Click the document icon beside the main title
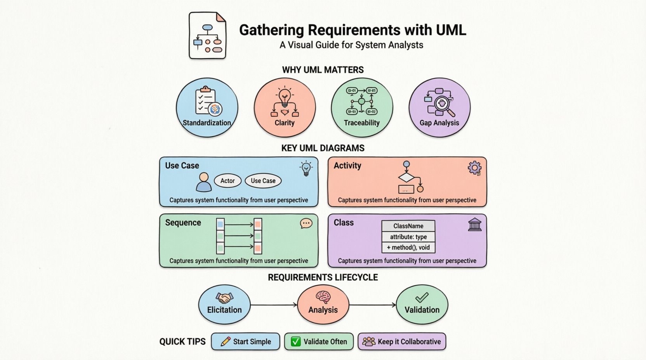207,36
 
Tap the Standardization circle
207,107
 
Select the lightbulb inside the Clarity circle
285,97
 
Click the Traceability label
361,123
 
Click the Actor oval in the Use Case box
227,181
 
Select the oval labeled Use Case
263,181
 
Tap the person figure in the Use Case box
203,182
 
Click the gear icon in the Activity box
474,168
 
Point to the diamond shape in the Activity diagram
406,178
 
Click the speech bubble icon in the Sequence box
306,223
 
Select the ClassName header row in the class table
408,226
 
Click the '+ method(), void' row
408,247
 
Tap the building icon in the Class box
474,225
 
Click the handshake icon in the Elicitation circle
224,298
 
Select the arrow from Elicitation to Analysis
274,305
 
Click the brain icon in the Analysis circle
323,298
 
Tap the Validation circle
422,305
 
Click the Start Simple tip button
245,341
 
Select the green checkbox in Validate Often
296,341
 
